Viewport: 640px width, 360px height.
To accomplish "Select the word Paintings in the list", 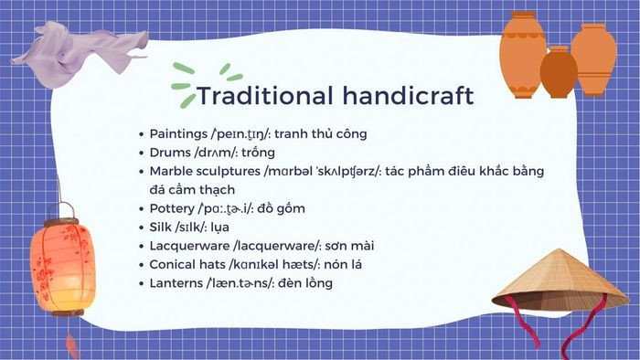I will (179, 133).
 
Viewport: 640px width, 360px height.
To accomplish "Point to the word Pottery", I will (173, 208).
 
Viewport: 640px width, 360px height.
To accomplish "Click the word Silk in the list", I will (160, 228).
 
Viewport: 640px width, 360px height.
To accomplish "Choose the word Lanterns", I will (177, 283).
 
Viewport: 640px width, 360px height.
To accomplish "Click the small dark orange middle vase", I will (559, 73).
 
